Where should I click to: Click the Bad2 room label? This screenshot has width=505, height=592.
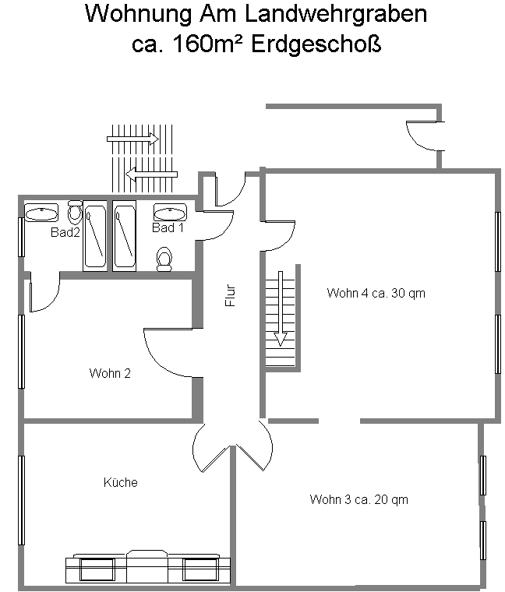pyautogui.click(x=65, y=232)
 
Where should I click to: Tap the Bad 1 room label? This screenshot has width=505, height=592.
pyautogui.click(x=168, y=227)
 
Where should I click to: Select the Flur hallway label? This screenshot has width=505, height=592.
pyautogui.click(x=230, y=295)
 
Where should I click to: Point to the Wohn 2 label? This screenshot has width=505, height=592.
pyautogui.click(x=110, y=373)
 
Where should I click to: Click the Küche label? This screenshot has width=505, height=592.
pyautogui.click(x=121, y=482)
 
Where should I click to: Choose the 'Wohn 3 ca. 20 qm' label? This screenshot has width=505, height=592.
pyautogui.click(x=358, y=499)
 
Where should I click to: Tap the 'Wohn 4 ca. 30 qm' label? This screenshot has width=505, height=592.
pyautogui.click(x=376, y=293)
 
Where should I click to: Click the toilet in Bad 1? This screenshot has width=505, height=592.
pyautogui.click(x=164, y=259)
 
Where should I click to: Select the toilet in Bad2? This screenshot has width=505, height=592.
pyautogui.click(x=75, y=212)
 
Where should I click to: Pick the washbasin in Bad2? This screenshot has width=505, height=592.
pyautogui.click(x=41, y=213)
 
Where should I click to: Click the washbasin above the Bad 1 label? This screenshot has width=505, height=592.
pyautogui.click(x=171, y=212)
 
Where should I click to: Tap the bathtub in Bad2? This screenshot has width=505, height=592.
pyautogui.click(x=95, y=236)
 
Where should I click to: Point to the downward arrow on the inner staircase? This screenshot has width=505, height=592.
pyautogui.click(x=281, y=308)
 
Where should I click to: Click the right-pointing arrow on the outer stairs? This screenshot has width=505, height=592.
pyautogui.click(x=132, y=139)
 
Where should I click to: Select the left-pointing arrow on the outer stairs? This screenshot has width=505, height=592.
pyautogui.click(x=151, y=174)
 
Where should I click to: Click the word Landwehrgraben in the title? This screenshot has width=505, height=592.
pyautogui.click(x=336, y=14)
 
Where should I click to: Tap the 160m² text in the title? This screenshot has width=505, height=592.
pyautogui.click(x=207, y=44)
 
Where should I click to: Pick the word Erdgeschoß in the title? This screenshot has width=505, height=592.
pyautogui.click(x=316, y=44)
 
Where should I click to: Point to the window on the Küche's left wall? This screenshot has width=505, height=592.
pyautogui.click(x=22, y=500)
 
